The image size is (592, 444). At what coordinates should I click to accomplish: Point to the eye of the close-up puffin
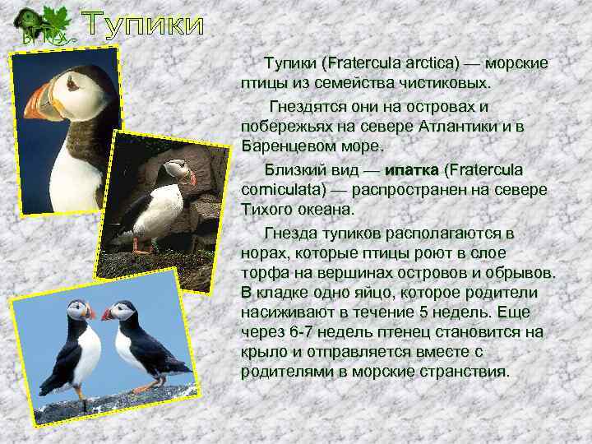coord(72,82)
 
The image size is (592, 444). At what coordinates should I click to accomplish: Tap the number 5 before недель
coord(423,312)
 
